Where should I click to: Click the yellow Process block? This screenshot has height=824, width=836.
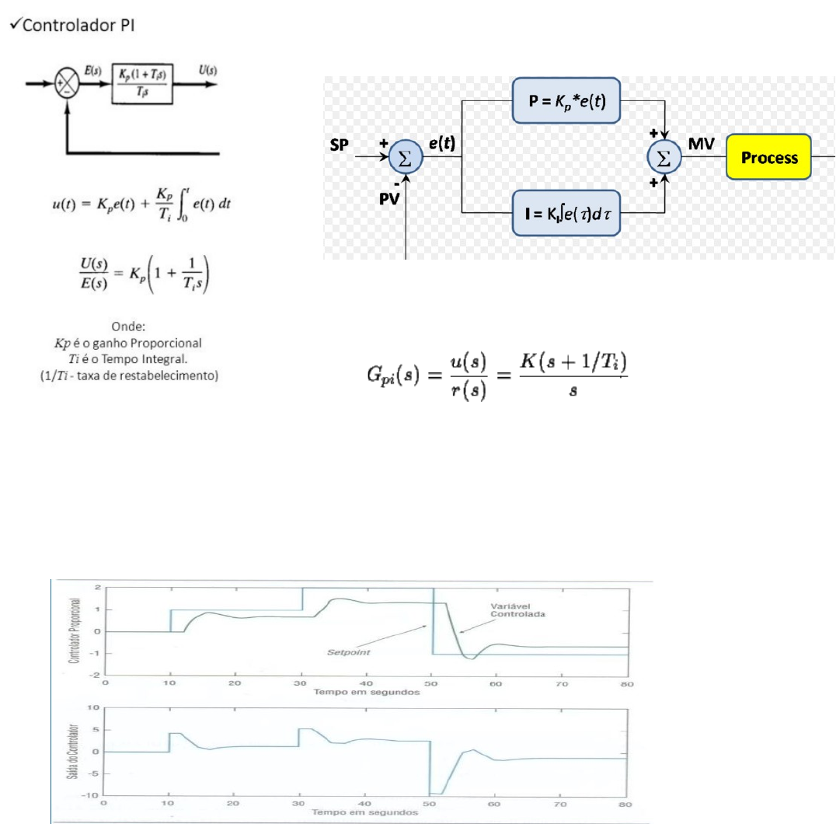(769, 157)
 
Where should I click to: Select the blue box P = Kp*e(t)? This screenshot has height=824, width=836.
(566, 100)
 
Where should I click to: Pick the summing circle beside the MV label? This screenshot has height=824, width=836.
(664, 158)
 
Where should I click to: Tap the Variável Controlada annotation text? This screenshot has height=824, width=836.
(517, 610)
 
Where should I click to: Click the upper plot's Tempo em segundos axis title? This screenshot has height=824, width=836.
(366, 693)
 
